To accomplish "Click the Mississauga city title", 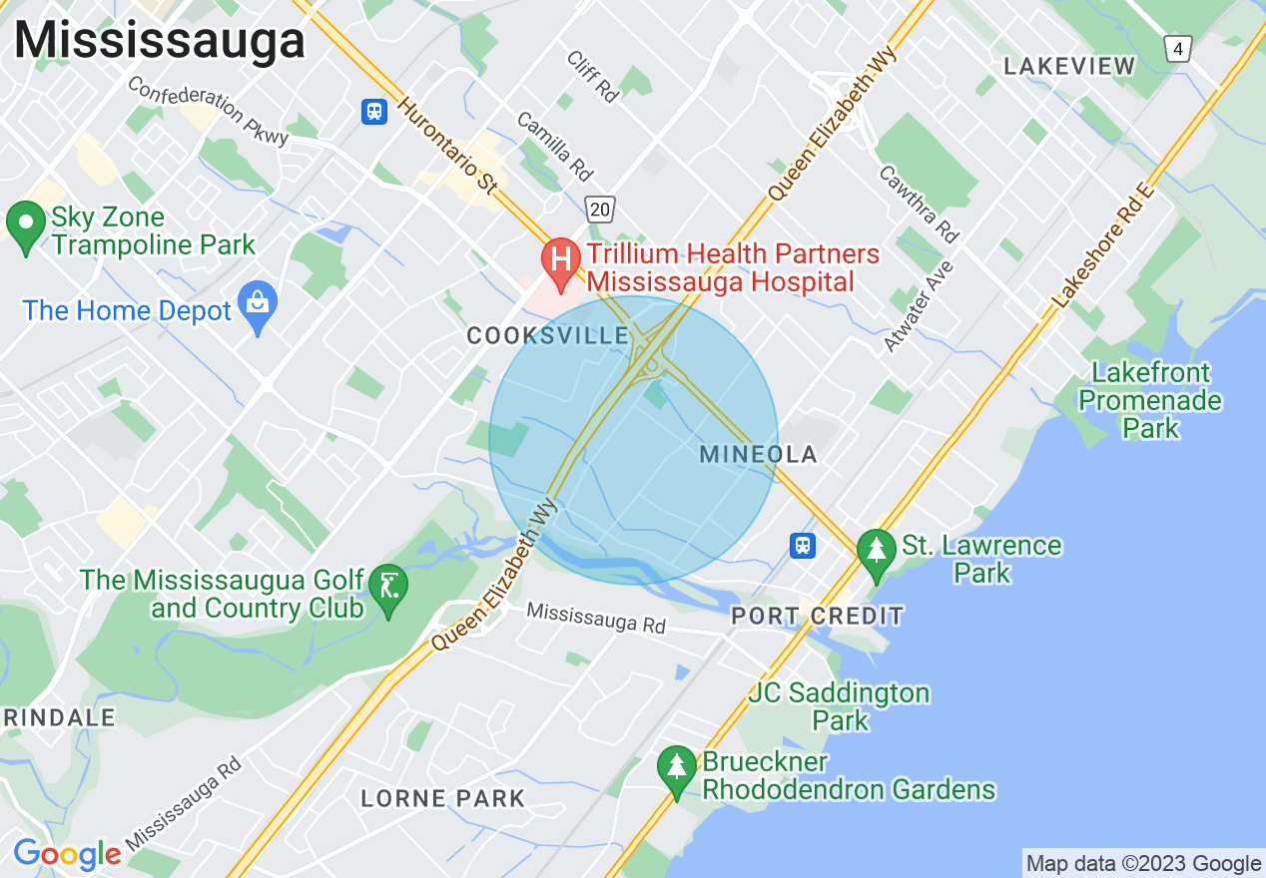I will point(160,41).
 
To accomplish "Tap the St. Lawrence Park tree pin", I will point(877,552).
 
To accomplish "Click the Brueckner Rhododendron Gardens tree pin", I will point(677,769).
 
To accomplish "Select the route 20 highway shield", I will point(600,209).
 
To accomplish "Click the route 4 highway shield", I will point(1179,48).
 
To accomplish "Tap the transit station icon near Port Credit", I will point(802,545).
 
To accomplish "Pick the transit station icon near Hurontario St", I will point(374,111).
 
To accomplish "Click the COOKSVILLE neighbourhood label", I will point(547,337).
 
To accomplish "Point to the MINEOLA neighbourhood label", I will point(758,455).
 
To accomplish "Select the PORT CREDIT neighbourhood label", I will point(817,616).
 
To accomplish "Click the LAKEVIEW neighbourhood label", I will point(1069,67).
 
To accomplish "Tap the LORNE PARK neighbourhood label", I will point(442,798).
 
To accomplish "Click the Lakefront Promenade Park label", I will point(1150,400).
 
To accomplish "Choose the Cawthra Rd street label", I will point(918,204).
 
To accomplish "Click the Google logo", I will point(67,854).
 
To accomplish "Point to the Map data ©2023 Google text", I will point(1143,863).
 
